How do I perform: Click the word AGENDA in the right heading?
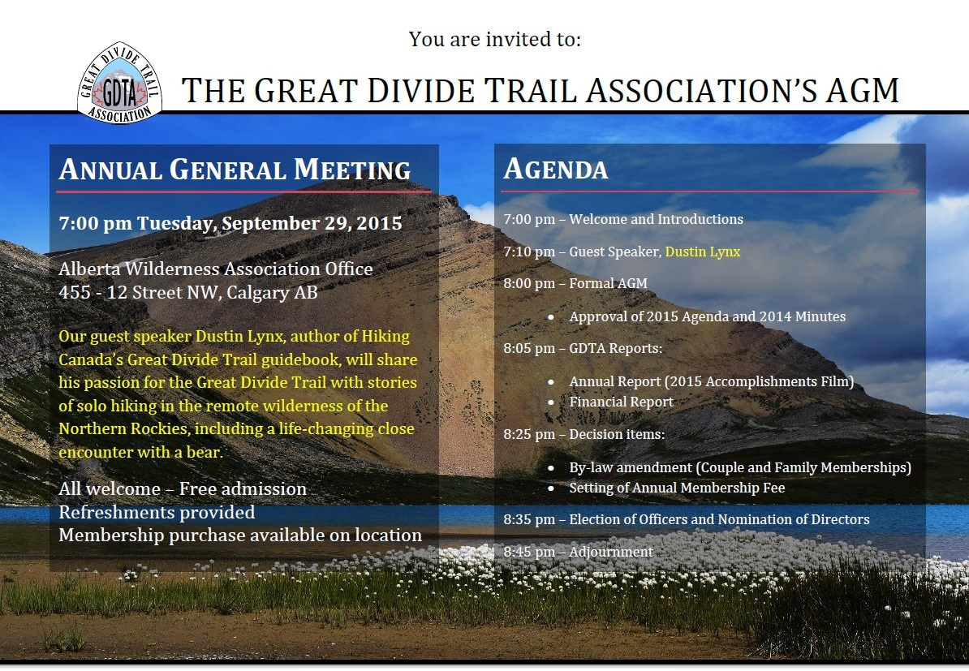coord(556,170)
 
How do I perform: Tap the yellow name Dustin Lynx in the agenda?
coord(703,252)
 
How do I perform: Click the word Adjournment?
coord(610,552)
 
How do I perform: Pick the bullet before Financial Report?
coord(550,402)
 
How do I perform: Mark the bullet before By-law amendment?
coord(550,467)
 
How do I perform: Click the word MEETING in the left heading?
coord(352,170)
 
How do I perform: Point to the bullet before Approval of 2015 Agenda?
coord(550,317)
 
